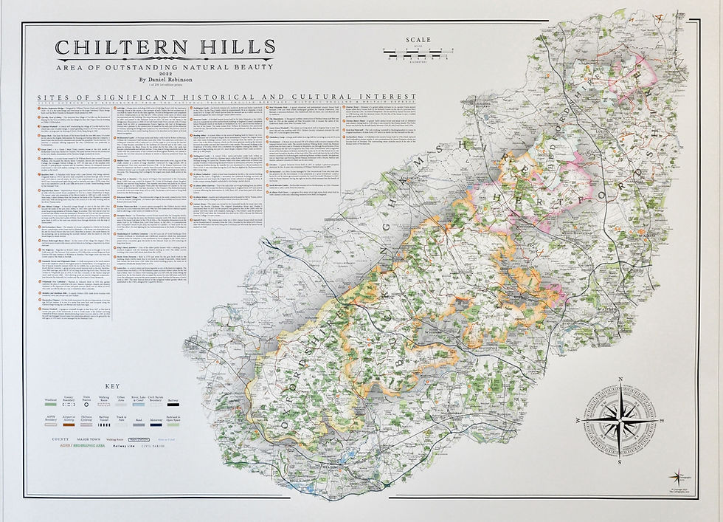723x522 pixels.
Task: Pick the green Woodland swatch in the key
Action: (x=52, y=404)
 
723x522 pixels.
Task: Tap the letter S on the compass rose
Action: (x=620, y=461)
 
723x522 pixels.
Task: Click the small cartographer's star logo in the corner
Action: (x=676, y=477)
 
